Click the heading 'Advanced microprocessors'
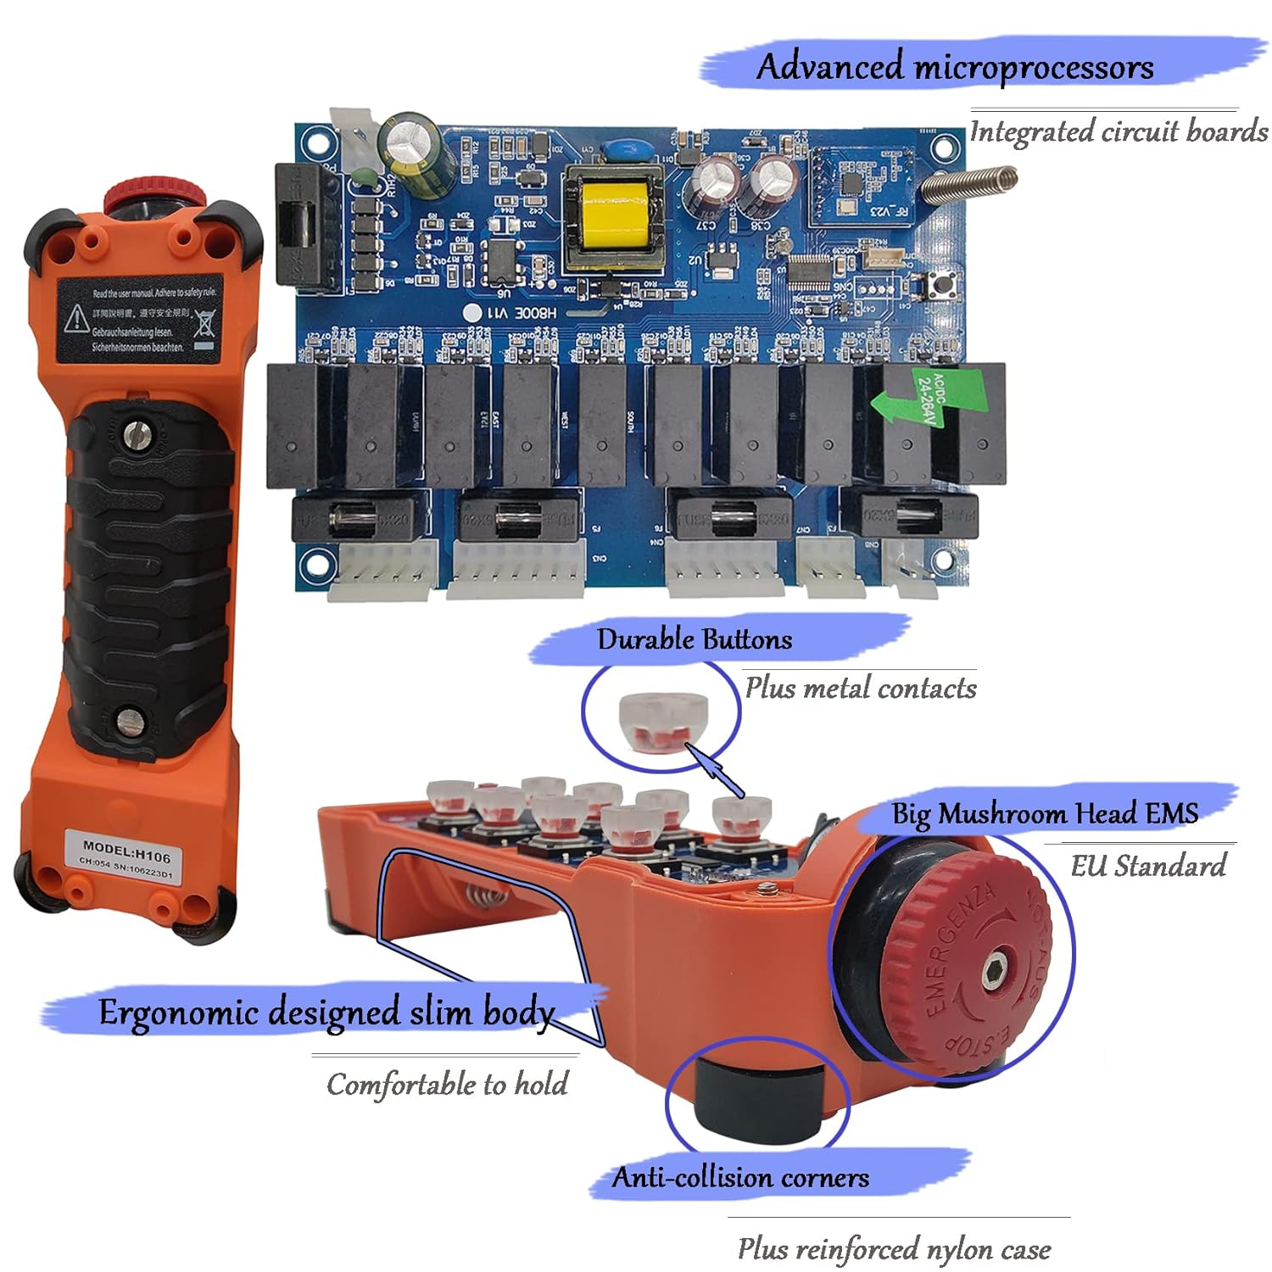pyautogui.click(x=954, y=67)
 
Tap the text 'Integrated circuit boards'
pyautogui.click(x=1118, y=132)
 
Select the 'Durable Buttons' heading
pyautogui.click(x=695, y=639)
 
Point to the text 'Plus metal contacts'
pyautogui.click(x=860, y=688)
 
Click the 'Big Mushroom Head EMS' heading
pyautogui.click(x=1044, y=813)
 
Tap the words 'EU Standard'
pyautogui.click(x=1147, y=866)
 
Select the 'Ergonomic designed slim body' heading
pyautogui.click(x=326, y=1013)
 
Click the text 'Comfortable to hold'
pyautogui.click(x=447, y=1085)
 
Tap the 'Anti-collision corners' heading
pyautogui.click(x=740, y=1178)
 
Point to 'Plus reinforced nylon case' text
pyautogui.click(x=894, y=1249)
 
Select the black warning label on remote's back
pyautogui.click(x=140, y=318)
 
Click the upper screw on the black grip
pyautogui.click(x=135, y=437)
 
